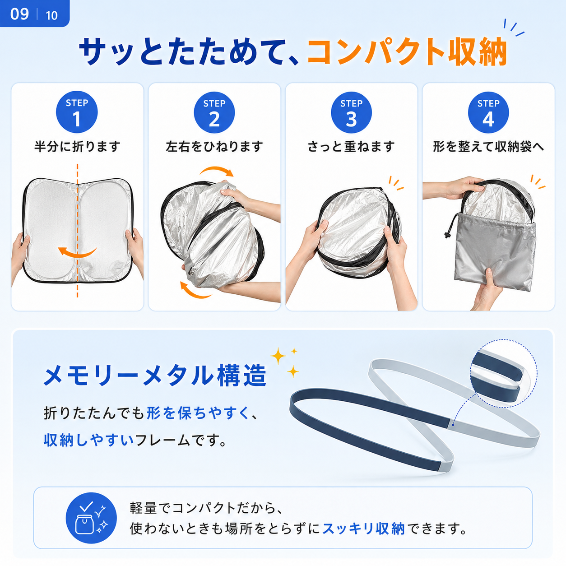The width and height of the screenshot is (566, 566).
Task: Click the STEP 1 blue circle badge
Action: click(x=77, y=112)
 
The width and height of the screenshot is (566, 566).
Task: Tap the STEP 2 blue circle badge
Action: click(x=214, y=112)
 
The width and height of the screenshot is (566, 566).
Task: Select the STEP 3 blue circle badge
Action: click(x=351, y=112)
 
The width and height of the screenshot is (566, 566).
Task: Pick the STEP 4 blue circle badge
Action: click(x=488, y=112)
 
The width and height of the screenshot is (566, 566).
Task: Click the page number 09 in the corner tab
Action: click(x=19, y=14)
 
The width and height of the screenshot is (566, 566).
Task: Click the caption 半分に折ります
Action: click(x=77, y=147)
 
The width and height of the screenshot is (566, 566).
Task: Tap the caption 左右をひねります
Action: click(x=214, y=147)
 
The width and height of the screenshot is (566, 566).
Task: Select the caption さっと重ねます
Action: click(x=351, y=147)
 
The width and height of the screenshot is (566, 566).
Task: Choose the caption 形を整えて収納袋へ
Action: click(x=488, y=147)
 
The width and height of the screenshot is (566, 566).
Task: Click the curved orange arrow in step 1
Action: click(x=77, y=254)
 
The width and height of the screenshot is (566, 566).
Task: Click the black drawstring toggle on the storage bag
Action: click(x=447, y=235)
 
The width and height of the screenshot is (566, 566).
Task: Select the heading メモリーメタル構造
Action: click(x=155, y=376)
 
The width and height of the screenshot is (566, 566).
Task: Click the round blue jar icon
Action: click(x=91, y=518)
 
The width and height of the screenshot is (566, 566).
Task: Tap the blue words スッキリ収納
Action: click(x=364, y=529)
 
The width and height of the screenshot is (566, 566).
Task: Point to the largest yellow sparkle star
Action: click(x=278, y=356)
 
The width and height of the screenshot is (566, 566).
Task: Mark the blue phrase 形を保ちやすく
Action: click(x=198, y=413)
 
